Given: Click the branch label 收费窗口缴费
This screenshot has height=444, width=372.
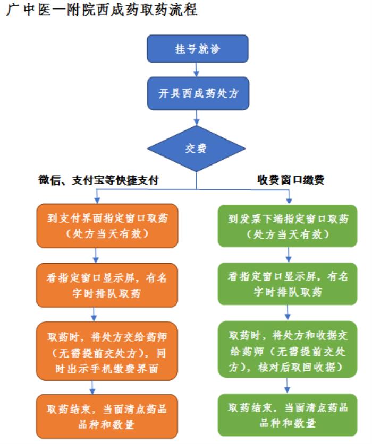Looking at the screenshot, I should (289, 180).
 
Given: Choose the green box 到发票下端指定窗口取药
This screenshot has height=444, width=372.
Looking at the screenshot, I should (289, 226).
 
